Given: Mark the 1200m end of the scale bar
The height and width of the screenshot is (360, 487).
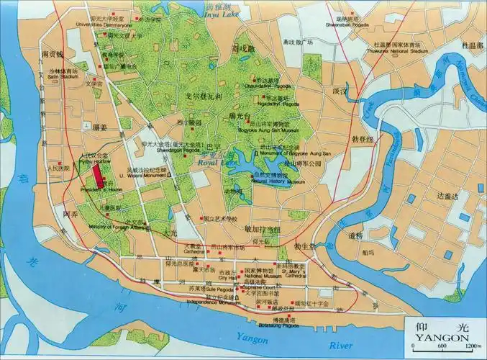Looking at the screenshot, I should click(x=472, y=348).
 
